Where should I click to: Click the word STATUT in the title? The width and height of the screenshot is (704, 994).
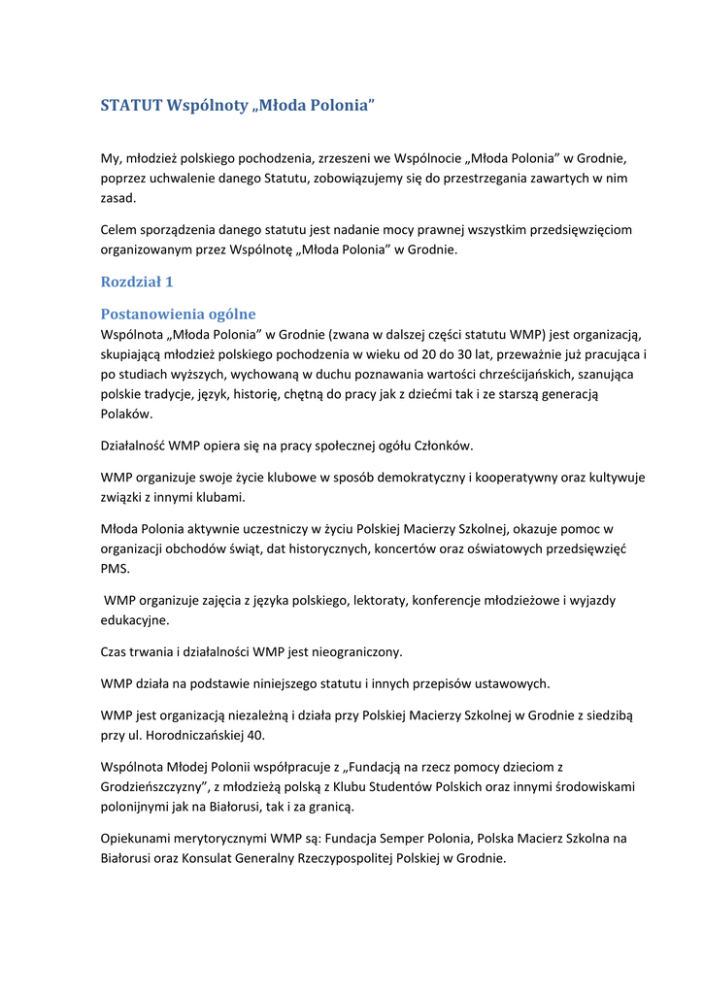(x=131, y=105)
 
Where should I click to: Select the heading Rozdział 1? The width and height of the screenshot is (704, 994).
(x=136, y=282)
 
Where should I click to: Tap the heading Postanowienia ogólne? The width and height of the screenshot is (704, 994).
(x=179, y=314)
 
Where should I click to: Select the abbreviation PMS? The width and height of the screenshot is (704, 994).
(x=115, y=569)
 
